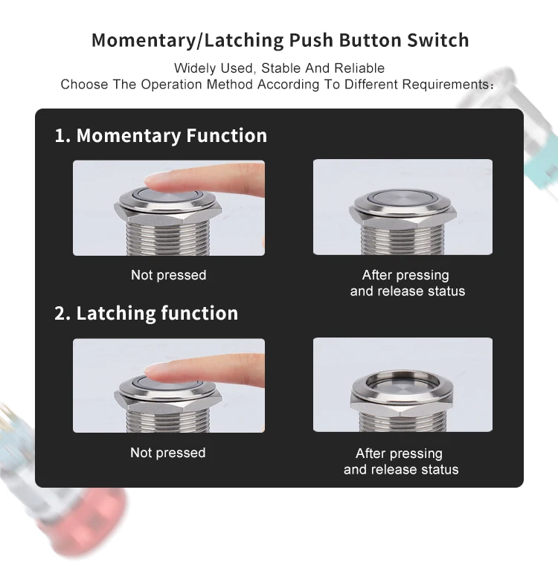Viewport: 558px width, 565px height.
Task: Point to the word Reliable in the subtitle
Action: pyautogui.click(x=359, y=68)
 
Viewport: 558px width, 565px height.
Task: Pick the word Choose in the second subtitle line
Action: pyautogui.click(x=83, y=84)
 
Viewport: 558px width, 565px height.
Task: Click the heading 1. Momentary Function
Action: pyautogui.click(x=160, y=135)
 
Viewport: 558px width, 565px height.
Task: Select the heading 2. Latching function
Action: pyautogui.click(x=146, y=313)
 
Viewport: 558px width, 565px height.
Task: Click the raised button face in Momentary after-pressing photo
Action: pyautogui.click(x=403, y=198)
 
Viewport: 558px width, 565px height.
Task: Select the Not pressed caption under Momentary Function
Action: pyautogui.click(x=168, y=275)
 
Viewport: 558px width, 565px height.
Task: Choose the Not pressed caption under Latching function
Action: pyautogui.click(x=168, y=453)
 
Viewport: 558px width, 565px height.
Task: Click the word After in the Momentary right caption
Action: pyautogui.click(x=378, y=275)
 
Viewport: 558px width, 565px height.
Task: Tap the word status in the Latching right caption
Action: pyautogui.click(x=439, y=469)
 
